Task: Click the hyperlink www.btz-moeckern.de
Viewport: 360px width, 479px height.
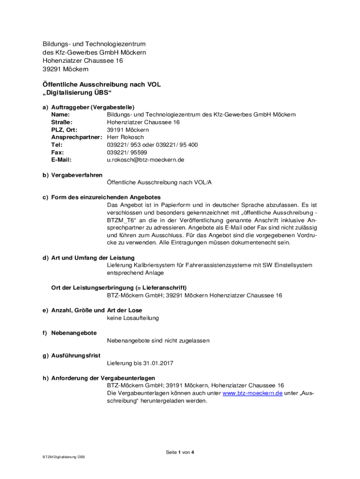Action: click(x=252, y=393)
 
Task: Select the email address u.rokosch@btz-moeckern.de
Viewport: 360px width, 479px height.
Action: click(x=145, y=160)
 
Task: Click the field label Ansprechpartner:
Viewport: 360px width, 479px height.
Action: click(x=77, y=138)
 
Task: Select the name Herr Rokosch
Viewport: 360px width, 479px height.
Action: click(x=125, y=138)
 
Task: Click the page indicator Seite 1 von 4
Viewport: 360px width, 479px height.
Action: click(x=180, y=452)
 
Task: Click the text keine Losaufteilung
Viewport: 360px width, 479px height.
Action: click(x=133, y=318)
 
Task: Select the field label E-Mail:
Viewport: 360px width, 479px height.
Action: click(x=61, y=160)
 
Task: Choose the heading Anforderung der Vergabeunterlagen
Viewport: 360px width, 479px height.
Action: click(x=103, y=378)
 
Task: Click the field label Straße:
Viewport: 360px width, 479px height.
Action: click(x=61, y=123)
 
